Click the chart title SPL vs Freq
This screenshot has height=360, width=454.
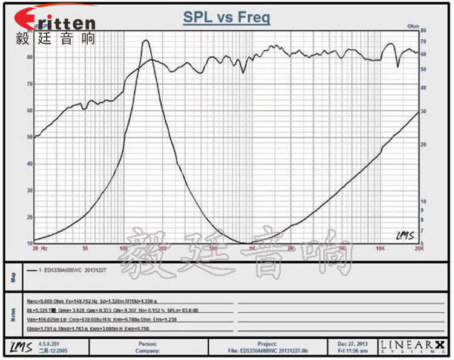click(227, 18)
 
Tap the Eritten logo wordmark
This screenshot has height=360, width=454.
click(55, 22)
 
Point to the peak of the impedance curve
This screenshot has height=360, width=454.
click(145, 41)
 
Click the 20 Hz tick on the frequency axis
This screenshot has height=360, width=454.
click(39, 248)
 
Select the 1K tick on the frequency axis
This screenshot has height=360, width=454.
click(252, 248)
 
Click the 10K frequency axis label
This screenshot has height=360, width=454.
click(380, 248)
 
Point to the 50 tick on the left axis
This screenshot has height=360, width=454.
click(28, 137)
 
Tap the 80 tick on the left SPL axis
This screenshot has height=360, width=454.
click(28, 57)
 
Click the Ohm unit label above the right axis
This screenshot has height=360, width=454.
click(413, 25)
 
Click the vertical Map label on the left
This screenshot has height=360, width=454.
click(12, 278)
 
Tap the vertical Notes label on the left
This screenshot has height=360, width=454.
click(12, 314)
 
